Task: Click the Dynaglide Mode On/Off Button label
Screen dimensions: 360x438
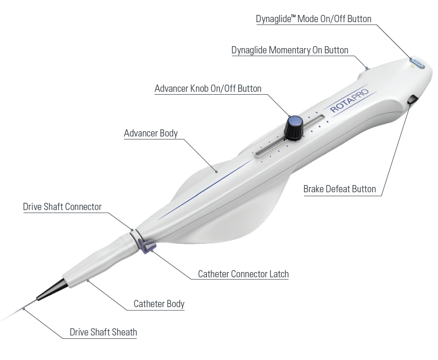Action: click(x=314, y=19)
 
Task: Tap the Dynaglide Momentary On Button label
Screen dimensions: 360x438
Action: click(x=290, y=50)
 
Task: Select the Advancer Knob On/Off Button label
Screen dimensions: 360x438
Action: click(x=208, y=88)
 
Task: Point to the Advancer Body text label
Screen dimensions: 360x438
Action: click(x=151, y=133)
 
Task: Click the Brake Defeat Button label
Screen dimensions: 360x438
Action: click(x=340, y=188)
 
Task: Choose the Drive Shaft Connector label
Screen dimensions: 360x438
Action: click(x=62, y=207)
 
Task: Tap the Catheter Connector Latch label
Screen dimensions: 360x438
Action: click(x=243, y=274)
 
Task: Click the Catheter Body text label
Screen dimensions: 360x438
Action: click(x=159, y=304)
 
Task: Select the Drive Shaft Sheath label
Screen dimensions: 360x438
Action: click(x=103, y=332)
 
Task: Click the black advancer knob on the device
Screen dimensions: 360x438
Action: click(x=294, y=126)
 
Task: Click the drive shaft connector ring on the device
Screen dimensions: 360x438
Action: click(x=134, y=236)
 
